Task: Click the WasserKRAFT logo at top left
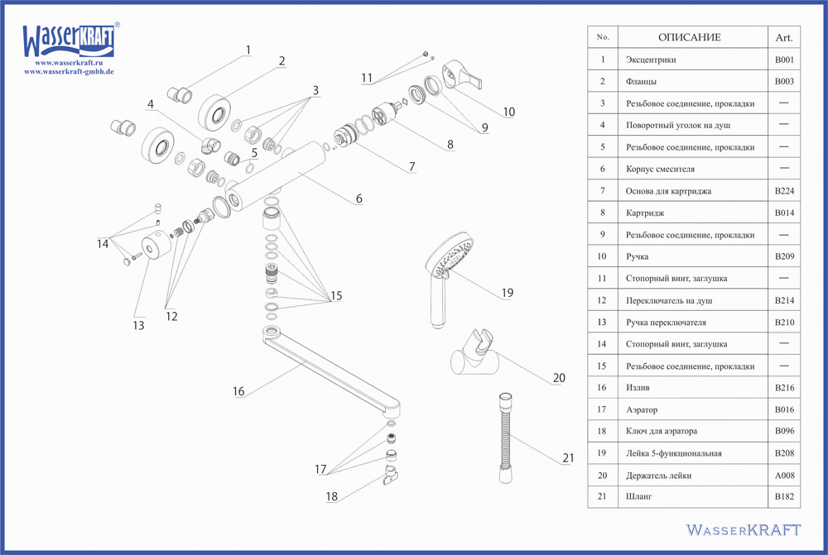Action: [70, 40]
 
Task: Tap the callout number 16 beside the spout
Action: [238, 391]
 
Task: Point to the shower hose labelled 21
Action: [505, 438]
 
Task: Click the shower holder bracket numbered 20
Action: [475, 356]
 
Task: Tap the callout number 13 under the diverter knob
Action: [138, 325]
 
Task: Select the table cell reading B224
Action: [783, 191]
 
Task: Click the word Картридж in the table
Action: [644, 213]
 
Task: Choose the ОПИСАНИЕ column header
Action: [689, 37]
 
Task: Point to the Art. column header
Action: [783, 37]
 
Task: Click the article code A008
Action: [783, 476]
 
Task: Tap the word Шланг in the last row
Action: [639, 497]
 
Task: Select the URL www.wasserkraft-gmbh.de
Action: [69, 71]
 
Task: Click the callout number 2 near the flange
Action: [282, 60]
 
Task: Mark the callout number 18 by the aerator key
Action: [332, 497]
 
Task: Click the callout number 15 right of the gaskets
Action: [335, 296]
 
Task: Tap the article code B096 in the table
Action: [783, 432]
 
